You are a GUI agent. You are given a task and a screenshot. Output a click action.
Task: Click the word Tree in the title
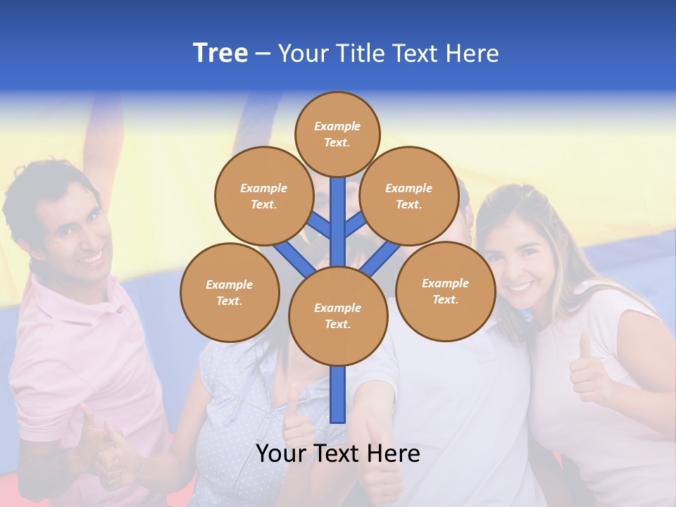[x=220, y=54]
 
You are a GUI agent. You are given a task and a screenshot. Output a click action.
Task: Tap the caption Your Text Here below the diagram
[x=337, y=453]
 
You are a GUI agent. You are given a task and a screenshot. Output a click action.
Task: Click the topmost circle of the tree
[x=337, y=134]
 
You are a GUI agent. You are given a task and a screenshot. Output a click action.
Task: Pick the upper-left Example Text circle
[x=263, y=196]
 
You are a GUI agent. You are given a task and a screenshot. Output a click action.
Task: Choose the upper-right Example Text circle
[x=408, y=196]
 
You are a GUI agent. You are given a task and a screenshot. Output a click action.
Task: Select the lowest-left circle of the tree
[x=229, y=292]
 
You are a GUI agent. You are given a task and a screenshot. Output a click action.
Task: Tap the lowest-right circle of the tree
[x=445, y=291]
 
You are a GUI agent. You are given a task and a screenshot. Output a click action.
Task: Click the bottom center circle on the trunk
[x=337, y=315]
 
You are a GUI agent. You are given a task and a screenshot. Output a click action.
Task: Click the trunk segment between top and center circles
[x=338, y=218]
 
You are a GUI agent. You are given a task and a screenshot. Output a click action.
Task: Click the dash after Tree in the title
[x=263, y=55]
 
